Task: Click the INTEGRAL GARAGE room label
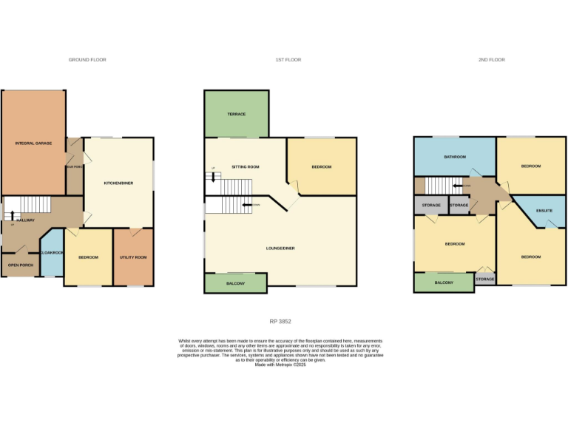click(33, 143)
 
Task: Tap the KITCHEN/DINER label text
click(118, 183)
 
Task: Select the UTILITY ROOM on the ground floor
click(133, 257)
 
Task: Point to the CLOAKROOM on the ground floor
click(52, 253)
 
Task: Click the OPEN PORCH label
click(20, 265)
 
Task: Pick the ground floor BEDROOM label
click(88, 257)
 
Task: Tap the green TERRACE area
click(237, 114)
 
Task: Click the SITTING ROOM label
click(246, 167)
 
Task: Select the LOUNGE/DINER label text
click(280, 248)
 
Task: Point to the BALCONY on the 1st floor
click(235, 283)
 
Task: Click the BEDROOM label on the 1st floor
click(321, 167)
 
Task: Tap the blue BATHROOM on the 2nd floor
click(454, 157)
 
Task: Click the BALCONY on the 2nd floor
click(444, 283)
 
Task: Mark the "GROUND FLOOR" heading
click(87, 60)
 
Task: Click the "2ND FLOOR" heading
click(491, 60)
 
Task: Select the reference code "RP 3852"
click(280, 321)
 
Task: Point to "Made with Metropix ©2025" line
click(280, 365)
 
